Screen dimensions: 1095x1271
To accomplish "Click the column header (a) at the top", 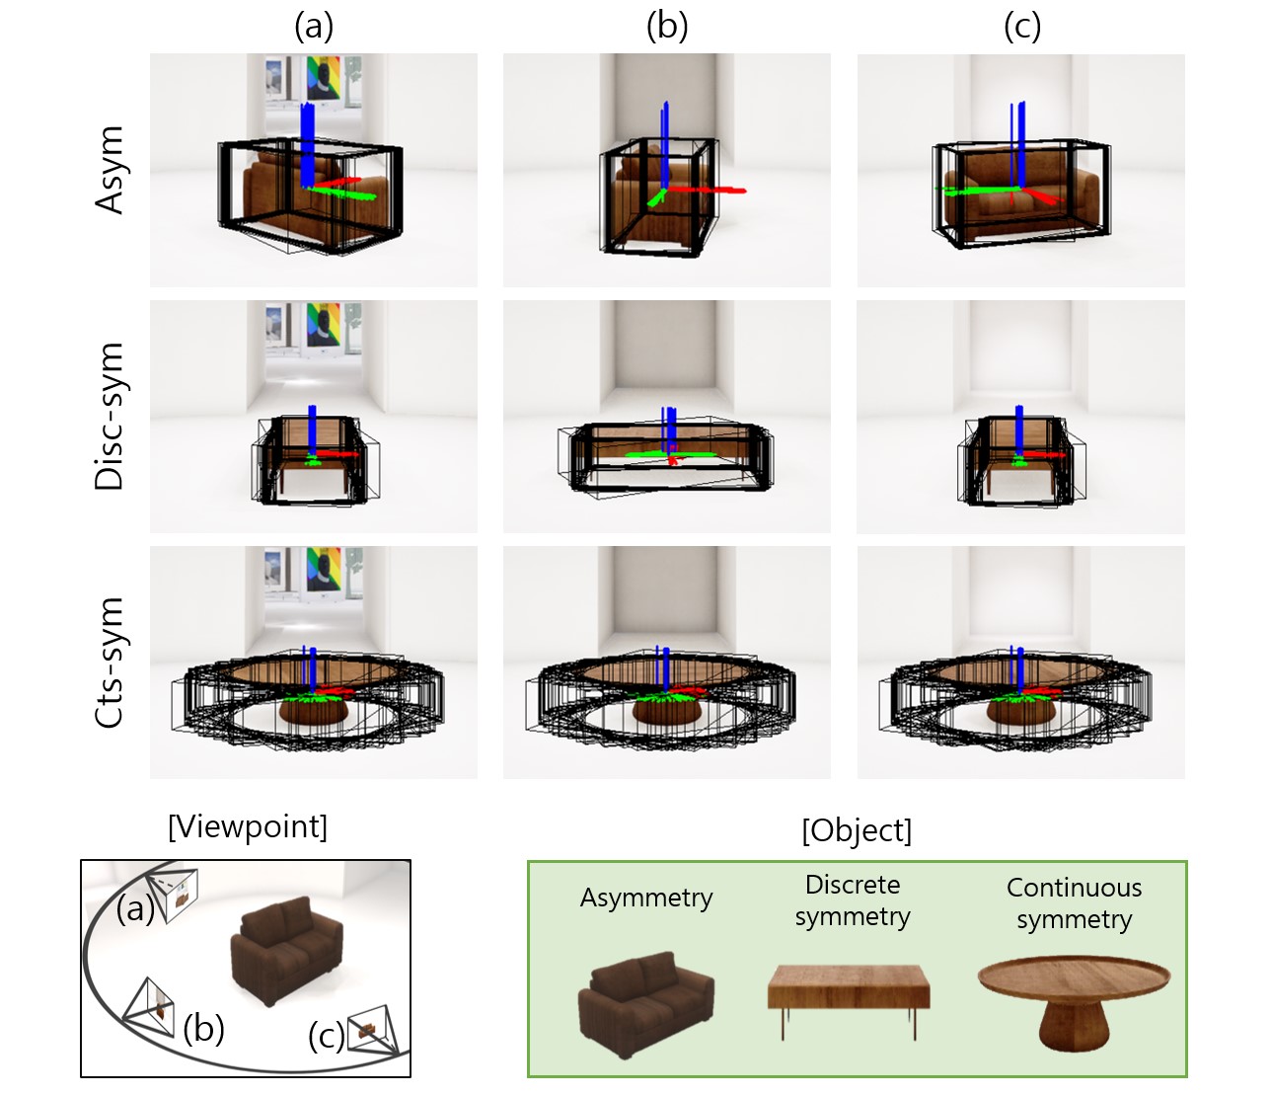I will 314,27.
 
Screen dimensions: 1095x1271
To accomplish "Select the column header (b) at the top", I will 667,27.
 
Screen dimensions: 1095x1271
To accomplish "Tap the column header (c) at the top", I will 1022,27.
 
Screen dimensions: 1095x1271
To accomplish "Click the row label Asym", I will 111,170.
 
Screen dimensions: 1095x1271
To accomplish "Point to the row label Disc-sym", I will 111,417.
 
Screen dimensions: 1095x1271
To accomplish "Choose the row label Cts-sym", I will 111,663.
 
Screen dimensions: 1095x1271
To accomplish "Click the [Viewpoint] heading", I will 248,826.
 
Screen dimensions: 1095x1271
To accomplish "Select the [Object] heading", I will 857,830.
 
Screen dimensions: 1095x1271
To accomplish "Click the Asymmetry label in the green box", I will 646,898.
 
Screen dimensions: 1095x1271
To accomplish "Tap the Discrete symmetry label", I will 853,900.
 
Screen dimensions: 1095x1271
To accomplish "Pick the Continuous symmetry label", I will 1074,903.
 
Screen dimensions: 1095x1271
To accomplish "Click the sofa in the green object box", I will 645,1004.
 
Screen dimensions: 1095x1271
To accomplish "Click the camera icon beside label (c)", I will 377,1029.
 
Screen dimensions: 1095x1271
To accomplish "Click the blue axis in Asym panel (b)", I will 666,143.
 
